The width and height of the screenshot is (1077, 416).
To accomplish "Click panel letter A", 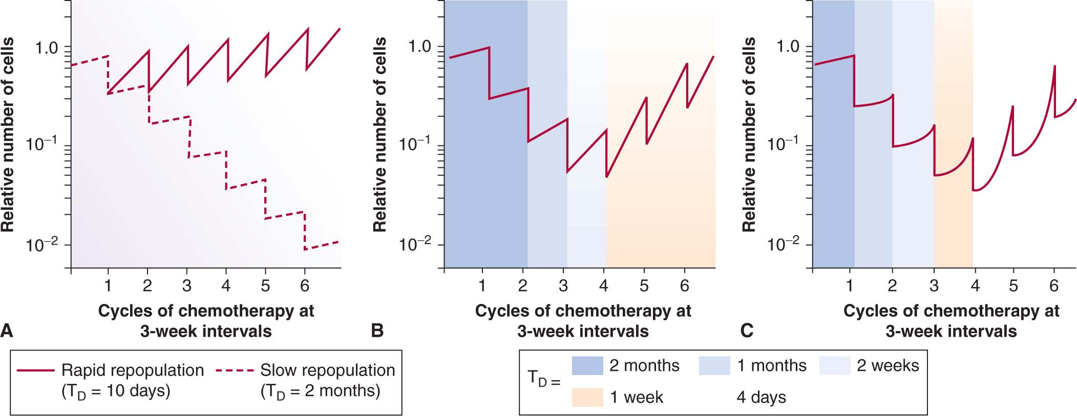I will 7,331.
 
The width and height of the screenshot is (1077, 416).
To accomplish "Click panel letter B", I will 377,331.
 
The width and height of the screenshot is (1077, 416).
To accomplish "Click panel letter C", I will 747,331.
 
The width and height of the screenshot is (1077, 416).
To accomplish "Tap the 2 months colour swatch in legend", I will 587,366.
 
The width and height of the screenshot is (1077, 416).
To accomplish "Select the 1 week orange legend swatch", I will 587,397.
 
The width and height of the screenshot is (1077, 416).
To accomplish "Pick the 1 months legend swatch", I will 714,366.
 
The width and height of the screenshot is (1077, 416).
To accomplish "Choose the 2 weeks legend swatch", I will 835,366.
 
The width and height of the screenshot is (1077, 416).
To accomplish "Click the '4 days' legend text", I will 761,397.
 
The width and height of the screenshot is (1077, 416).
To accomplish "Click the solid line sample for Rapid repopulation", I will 36,370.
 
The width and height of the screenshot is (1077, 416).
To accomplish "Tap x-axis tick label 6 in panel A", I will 305,286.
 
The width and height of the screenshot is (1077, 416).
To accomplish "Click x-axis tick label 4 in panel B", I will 604,286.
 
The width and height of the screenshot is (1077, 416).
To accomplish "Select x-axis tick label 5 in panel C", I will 1013,286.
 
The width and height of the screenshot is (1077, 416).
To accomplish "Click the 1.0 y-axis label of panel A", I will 47,48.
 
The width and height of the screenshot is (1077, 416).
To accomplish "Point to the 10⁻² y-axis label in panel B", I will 415,244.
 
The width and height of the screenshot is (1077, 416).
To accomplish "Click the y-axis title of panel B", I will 379,135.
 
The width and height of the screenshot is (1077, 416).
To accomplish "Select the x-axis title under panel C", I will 951,321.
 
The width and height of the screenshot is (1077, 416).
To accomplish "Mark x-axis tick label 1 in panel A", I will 108,286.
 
